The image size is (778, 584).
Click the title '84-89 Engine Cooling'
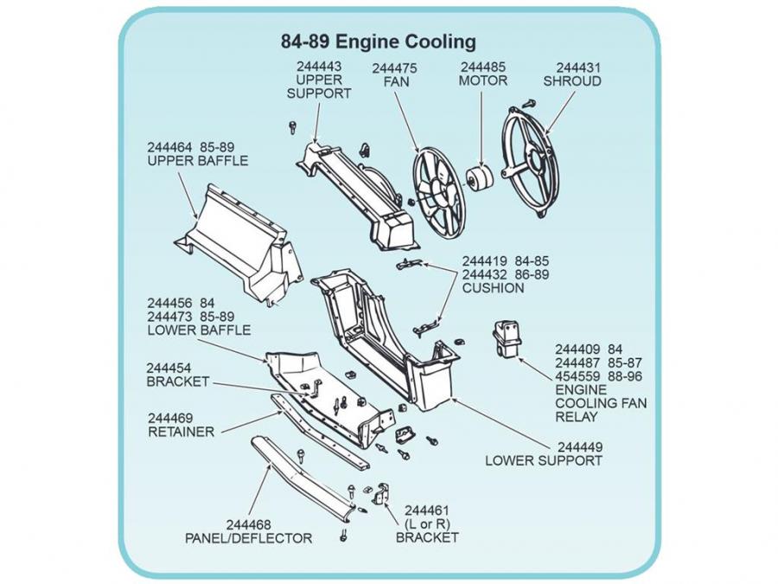378,41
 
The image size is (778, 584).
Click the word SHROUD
571,81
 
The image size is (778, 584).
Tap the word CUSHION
493,288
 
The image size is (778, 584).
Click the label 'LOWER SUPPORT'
543,460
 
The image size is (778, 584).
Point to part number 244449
580,446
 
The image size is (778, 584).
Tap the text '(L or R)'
428,523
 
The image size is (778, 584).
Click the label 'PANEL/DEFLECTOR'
248,538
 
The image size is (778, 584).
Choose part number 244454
169,368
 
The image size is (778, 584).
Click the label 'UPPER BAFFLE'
197,161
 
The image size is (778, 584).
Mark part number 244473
169,317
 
